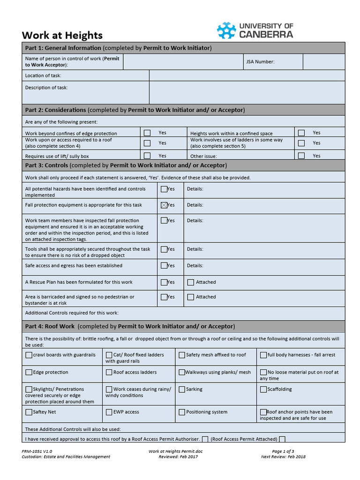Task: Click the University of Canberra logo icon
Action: (226, 30)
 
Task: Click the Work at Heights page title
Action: (62, 36)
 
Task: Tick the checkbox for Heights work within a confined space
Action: (301, 133)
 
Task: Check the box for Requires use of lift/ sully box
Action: (147, 156)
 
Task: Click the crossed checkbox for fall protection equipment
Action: (164, 205)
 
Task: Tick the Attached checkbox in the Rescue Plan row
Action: (191, 282)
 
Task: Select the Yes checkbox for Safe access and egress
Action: (164, 265)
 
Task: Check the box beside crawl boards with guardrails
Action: (29, 355)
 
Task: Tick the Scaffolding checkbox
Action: (264, 389)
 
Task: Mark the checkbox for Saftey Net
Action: (29, 412)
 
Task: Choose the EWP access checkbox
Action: (109, 412)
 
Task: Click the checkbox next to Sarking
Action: (182, 389)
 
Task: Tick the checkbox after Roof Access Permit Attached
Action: (282, 439)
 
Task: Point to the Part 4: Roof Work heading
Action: (50, 326)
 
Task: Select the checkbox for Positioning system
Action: (182, 412)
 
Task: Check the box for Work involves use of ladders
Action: (301, 143)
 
